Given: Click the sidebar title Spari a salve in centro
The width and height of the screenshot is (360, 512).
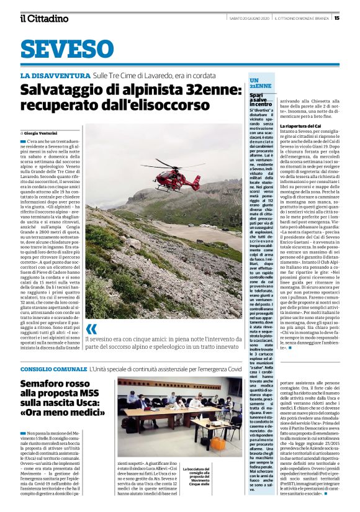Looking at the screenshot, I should [260, 99].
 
